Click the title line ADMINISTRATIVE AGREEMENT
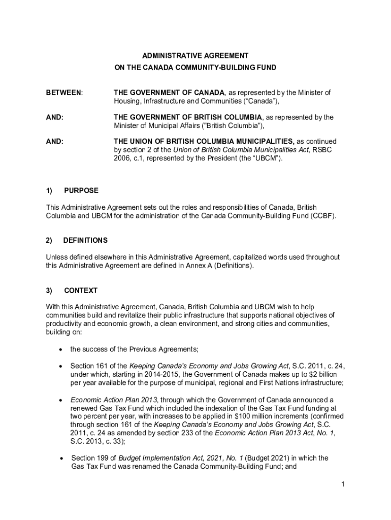coord(195,55)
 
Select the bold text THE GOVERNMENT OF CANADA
coord(169,93)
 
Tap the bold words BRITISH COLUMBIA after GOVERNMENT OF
coord(233,117)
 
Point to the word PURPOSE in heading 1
coord(81,191)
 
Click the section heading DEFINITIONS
coord(85,240)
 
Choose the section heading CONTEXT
coord(81,291)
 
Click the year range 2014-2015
coord(154,374)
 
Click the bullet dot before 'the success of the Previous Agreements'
coord(61,349)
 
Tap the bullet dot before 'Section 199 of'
coord(61,458)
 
